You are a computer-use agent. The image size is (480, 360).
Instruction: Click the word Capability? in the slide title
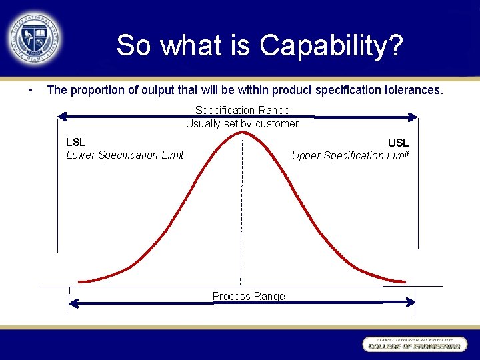tap(331, 45)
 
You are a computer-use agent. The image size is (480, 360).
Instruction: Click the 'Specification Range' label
tap(242, 110)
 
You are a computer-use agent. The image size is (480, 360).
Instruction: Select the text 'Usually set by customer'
tap(242, 123)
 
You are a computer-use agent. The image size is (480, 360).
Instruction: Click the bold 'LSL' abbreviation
tap(75, 142)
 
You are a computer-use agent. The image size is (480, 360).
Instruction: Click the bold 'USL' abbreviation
tap(398, 143)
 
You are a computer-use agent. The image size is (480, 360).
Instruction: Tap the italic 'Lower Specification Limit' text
tap(125, 155)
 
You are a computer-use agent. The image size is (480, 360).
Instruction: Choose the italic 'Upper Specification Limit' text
tap(350, 155)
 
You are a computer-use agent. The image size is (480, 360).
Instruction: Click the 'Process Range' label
tap(249, 296)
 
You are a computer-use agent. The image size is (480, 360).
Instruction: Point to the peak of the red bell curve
tap(241, 133)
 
